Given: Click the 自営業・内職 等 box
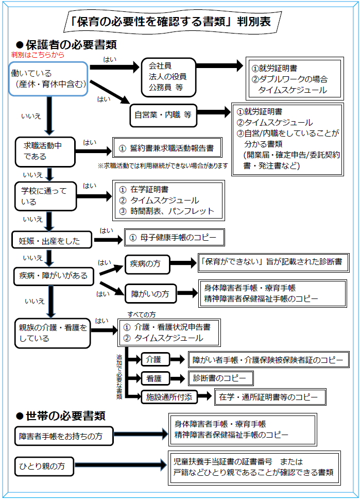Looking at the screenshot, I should point(162,115).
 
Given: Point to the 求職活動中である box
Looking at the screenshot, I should point(43,151).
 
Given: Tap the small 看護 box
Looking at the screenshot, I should point(155,378).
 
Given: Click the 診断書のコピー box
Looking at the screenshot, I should point(220,378).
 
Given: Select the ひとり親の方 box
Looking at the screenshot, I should point(44,466).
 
